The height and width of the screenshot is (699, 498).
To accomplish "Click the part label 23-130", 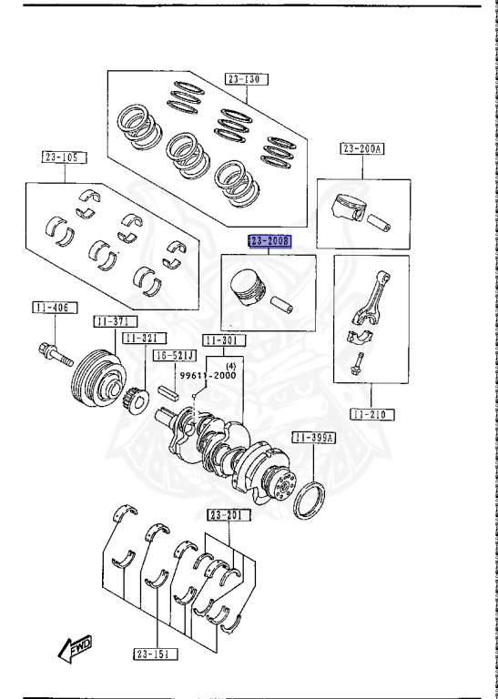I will click(244, 80).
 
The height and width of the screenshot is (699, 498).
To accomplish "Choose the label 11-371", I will click(114, 321).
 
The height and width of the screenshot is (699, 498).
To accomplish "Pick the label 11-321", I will click(141, 338).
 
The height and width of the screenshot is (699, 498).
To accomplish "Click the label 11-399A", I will click(314, 438).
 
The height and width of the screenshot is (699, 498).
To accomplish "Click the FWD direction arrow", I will click(72, 648).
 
